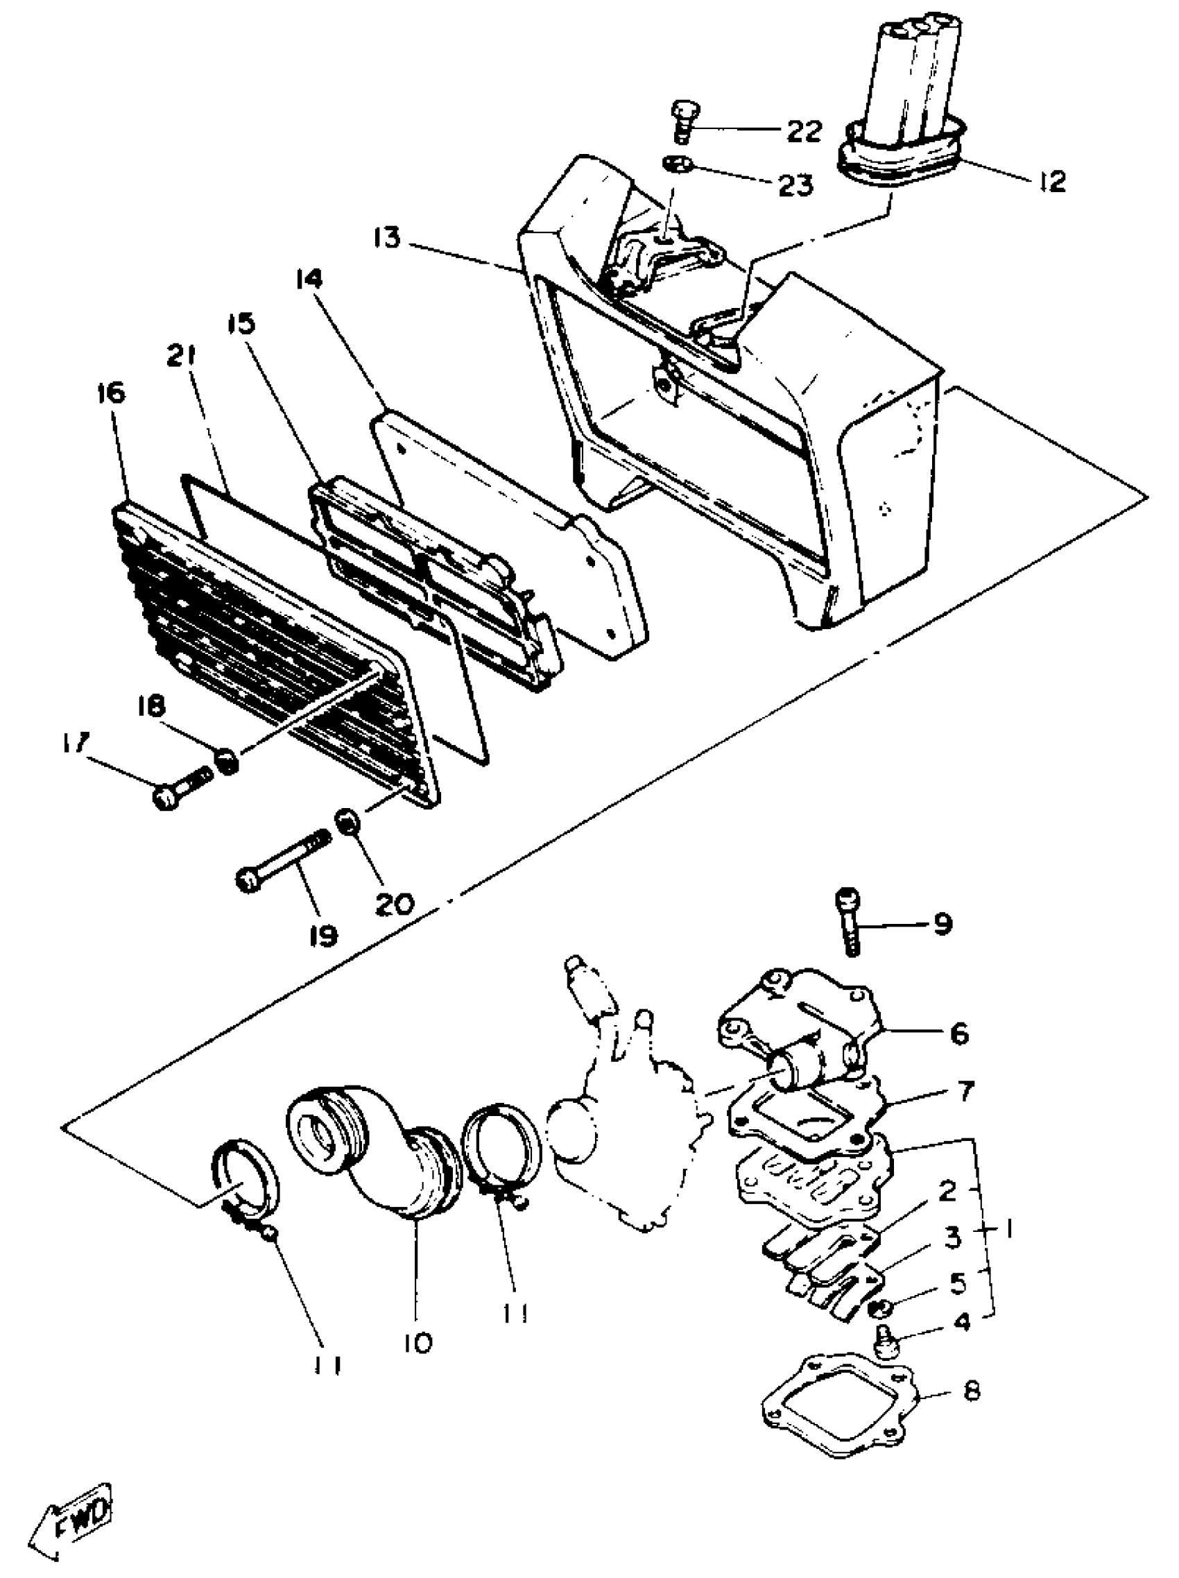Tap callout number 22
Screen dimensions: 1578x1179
point(803,130)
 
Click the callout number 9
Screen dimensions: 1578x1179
point(942,925)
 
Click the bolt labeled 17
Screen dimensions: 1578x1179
point(182,785)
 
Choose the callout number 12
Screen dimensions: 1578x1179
point(1052,181)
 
